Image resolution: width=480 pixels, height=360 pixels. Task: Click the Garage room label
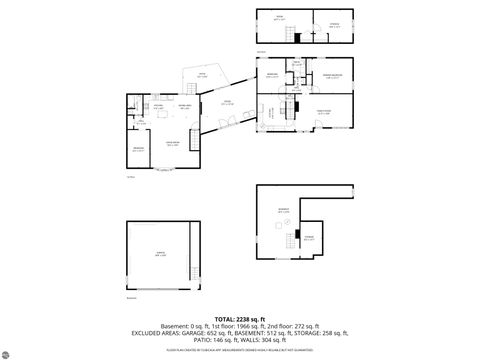pos(161,257)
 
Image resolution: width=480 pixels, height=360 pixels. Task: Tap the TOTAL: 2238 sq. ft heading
pos(240,318)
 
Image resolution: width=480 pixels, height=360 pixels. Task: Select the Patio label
pos(201,75)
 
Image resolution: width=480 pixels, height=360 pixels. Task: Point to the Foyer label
pos(227,102)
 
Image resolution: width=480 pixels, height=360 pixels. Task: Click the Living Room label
pos(172,144)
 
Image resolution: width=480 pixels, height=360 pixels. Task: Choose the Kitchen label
pos(158,107)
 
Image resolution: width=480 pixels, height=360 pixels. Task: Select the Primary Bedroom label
pos(333,75)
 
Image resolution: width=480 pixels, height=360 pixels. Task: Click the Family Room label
pos(324,112)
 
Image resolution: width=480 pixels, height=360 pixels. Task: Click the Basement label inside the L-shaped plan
pos(283,210)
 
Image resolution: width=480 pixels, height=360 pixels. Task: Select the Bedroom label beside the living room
pos(139,149)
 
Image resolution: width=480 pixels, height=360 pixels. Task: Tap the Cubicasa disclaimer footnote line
pos(240,349)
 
